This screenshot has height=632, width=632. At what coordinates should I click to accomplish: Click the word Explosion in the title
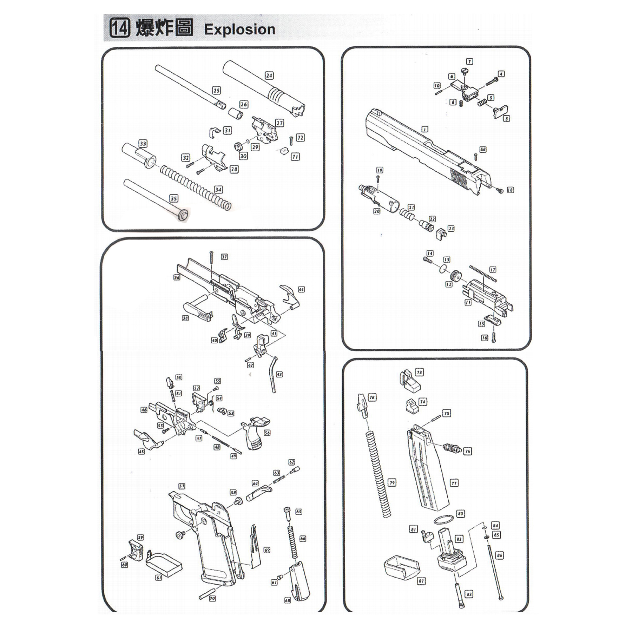coord(239,29)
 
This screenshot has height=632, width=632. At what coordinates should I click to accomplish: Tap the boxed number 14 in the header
coord(120,28)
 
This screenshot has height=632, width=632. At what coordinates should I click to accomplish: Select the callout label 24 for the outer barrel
coord(269,75)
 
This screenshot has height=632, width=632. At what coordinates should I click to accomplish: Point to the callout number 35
coord(174,198)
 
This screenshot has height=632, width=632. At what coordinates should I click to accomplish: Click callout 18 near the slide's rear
coord(510,190)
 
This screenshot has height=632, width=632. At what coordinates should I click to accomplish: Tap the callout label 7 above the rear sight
coord(469,61)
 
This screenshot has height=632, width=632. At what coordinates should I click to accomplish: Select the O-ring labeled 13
coord(443,269)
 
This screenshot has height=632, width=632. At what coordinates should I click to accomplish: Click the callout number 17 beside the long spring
coord(493,270)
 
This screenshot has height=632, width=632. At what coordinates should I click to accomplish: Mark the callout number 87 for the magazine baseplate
coord(421,581)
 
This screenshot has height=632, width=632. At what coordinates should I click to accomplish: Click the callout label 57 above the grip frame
coord(182,486)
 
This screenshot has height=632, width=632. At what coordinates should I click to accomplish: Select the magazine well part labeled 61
coord(164,566)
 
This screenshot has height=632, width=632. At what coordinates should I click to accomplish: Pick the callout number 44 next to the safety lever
coord(301,289)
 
